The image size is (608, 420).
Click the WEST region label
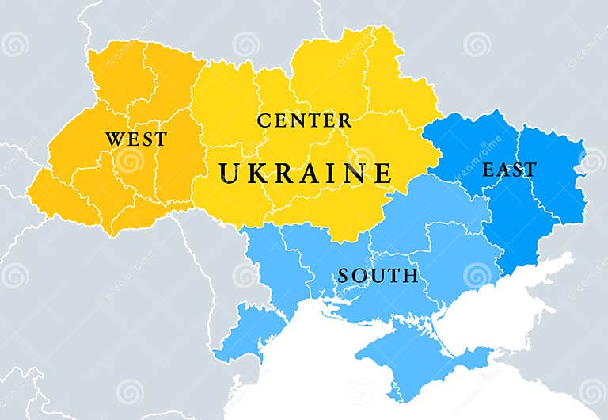click(x=136, y=139)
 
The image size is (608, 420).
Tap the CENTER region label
click(x=304, y=121)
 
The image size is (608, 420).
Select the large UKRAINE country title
click(x=306, y=173)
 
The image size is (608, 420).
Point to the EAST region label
click(x=509, y=170)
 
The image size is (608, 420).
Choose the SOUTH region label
click(x=378, y=276)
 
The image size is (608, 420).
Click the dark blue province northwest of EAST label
click(x=467, y=143)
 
